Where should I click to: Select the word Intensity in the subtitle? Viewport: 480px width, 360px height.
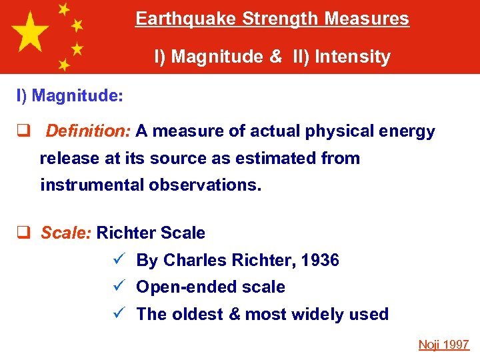[353, 57]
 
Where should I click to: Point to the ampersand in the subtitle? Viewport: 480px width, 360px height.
[276, 57]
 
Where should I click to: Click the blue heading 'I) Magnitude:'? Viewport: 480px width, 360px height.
[70, 96]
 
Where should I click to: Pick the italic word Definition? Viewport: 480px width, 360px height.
[88, 131]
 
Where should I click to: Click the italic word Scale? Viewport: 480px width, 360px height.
[67, 233]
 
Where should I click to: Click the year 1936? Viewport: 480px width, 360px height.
[319, 261]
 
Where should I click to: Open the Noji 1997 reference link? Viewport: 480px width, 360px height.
[444, 345]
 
